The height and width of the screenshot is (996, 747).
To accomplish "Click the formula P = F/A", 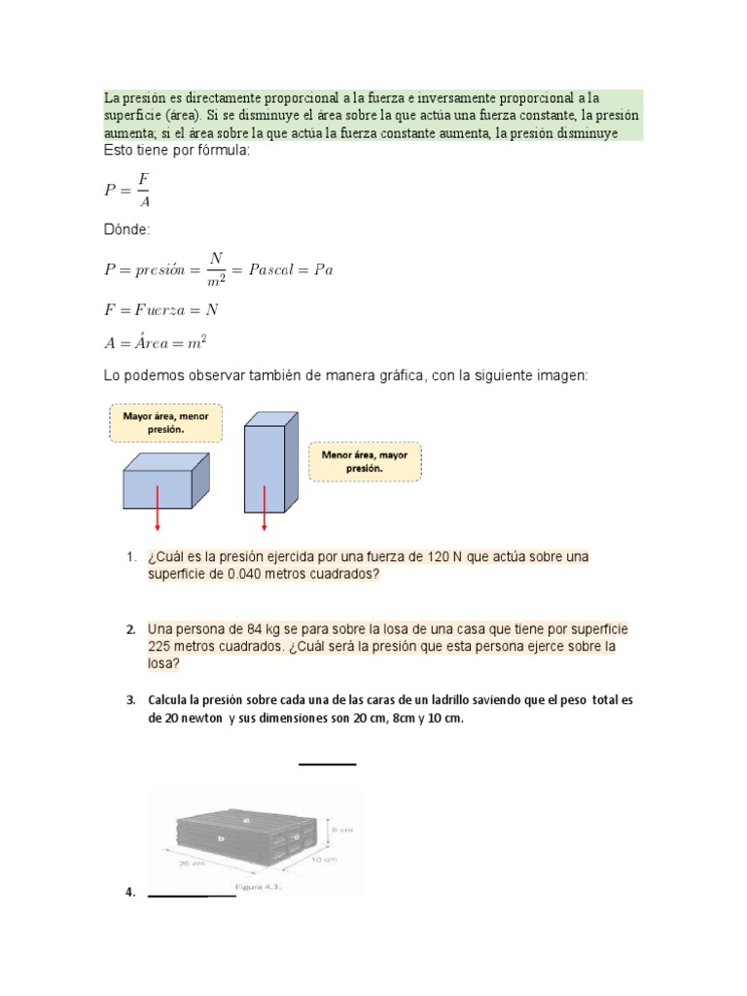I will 127,190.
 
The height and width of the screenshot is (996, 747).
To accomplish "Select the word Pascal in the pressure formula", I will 277,269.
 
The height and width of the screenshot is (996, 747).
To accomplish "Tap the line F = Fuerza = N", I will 160,308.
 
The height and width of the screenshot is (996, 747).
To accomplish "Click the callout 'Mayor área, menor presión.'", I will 166,421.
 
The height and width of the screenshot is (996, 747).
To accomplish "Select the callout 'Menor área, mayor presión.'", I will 365,460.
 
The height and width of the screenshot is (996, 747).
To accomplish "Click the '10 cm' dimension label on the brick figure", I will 324,860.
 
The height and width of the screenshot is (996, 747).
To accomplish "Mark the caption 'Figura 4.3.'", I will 256,886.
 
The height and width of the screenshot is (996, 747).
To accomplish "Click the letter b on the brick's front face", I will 222,836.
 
